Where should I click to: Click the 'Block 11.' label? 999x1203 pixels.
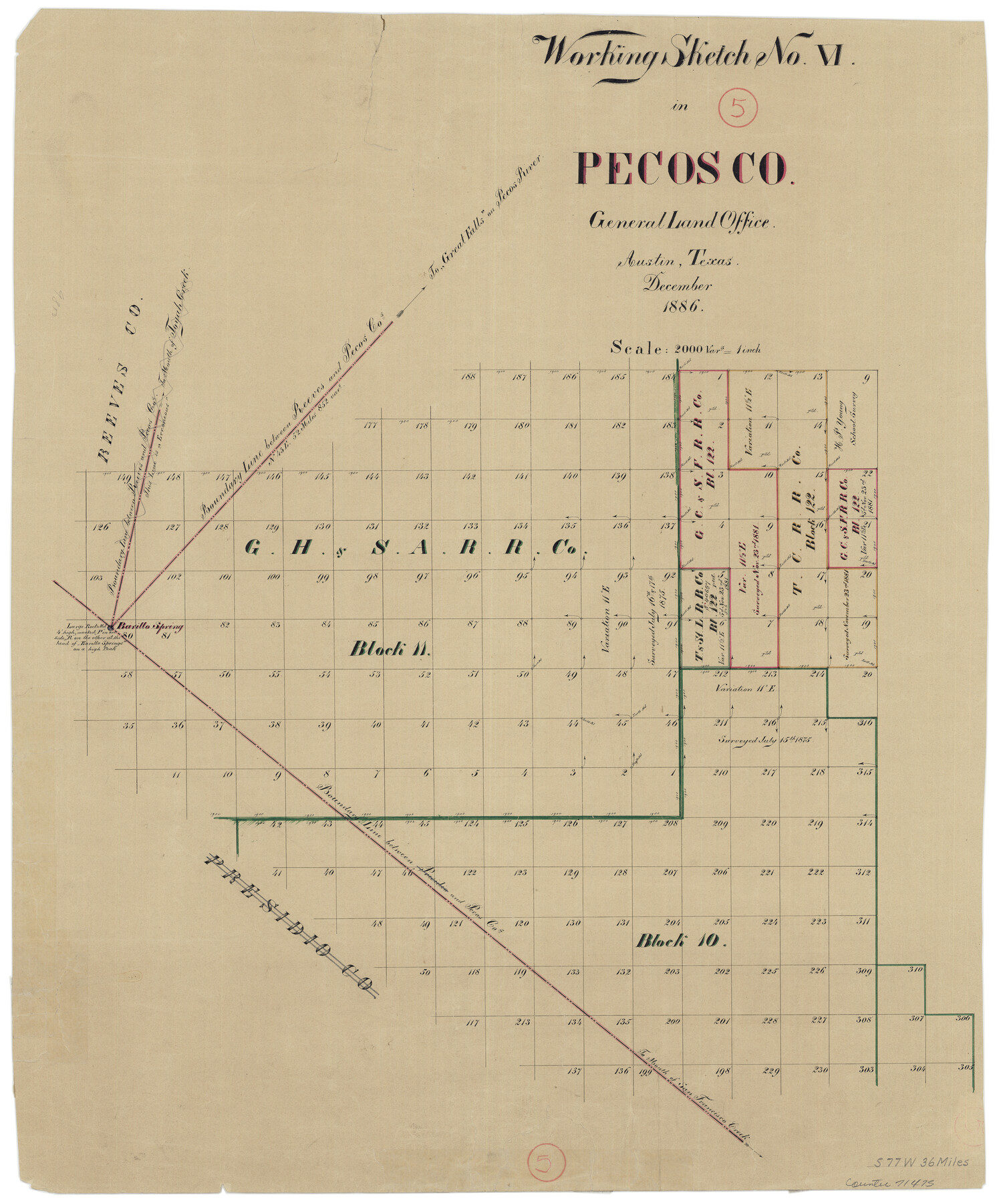pyautogui.click(x=390, y=649)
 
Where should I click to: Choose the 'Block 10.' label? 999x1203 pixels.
pyautogui.click(x=680, y=941)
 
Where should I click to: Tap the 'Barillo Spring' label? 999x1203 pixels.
pyautogui.click(x=150, y=627)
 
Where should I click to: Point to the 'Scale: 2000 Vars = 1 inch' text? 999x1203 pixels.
pyautogui.click(x=685, y=348)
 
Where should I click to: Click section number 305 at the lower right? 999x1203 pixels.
pyautogui.click(x=965, y=1067)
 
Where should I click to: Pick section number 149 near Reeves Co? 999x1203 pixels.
pyautogui.click(x=122, y=477)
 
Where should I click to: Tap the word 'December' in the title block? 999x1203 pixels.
pyautogui.click(x=678, y=285)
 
